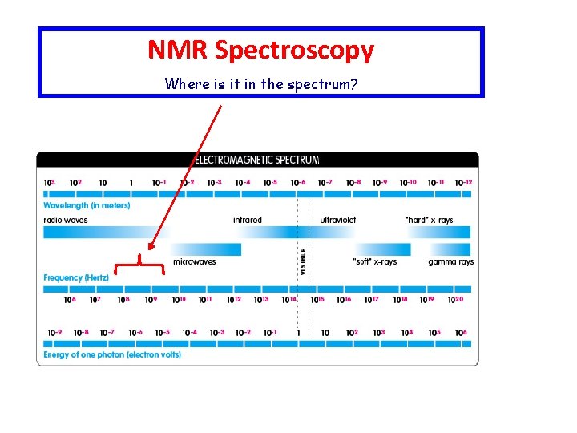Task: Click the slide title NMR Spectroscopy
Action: (x=260, y=51)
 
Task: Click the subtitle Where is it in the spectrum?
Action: (x=260, y=83)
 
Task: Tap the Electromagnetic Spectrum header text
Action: (x=256, y=160)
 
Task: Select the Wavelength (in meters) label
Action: (x=87, y=206)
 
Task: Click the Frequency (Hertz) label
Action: (x=76, y=277)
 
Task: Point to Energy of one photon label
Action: (x=112, y=354)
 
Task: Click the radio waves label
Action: (x=66, y=220)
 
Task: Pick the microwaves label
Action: (x=195, y=261)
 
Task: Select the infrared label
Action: (x=247, y=220)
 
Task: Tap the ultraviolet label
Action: (x=337, y=220)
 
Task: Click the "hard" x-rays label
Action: (x=429, y=220)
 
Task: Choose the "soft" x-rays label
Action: (x=374, y=261)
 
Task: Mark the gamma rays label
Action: (x=450, y=261)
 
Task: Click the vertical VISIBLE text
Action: (x=303, y=261)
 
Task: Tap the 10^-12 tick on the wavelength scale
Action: (x=463, y=182)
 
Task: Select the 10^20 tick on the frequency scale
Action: (x=454, y=300)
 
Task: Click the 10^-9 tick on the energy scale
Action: (x=54, y=333)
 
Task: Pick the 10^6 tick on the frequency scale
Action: (x=70, y=300)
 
